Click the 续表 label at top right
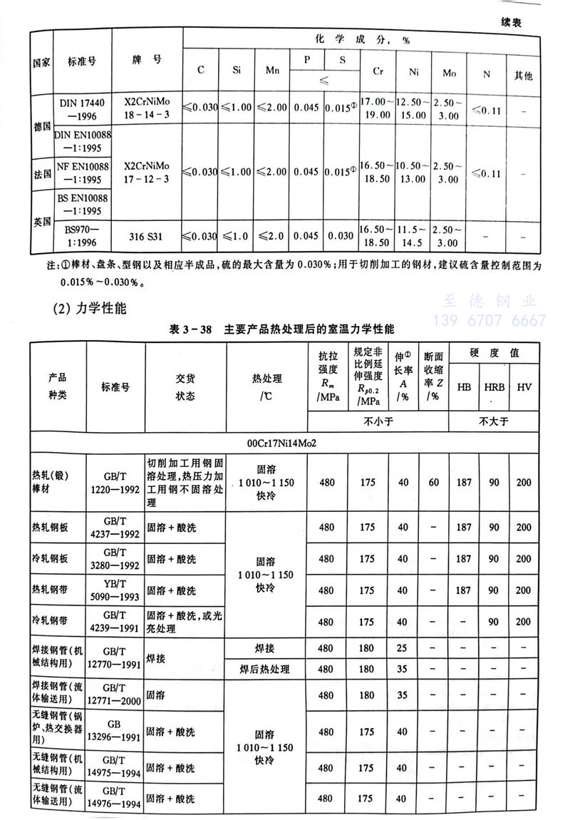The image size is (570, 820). tap(507, 22)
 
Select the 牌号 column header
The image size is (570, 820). tap(147, 60)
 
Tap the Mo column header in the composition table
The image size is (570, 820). tap(449, 72)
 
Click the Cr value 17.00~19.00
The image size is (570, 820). tap(375, 108)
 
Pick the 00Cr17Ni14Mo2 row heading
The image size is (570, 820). tap(281, 443)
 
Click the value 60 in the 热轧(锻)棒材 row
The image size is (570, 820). tap(432, 483)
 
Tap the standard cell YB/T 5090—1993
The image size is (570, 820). tap(115, 590)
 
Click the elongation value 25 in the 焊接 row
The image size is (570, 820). tap(403, 648)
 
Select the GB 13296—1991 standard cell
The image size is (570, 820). tap(115, 732)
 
